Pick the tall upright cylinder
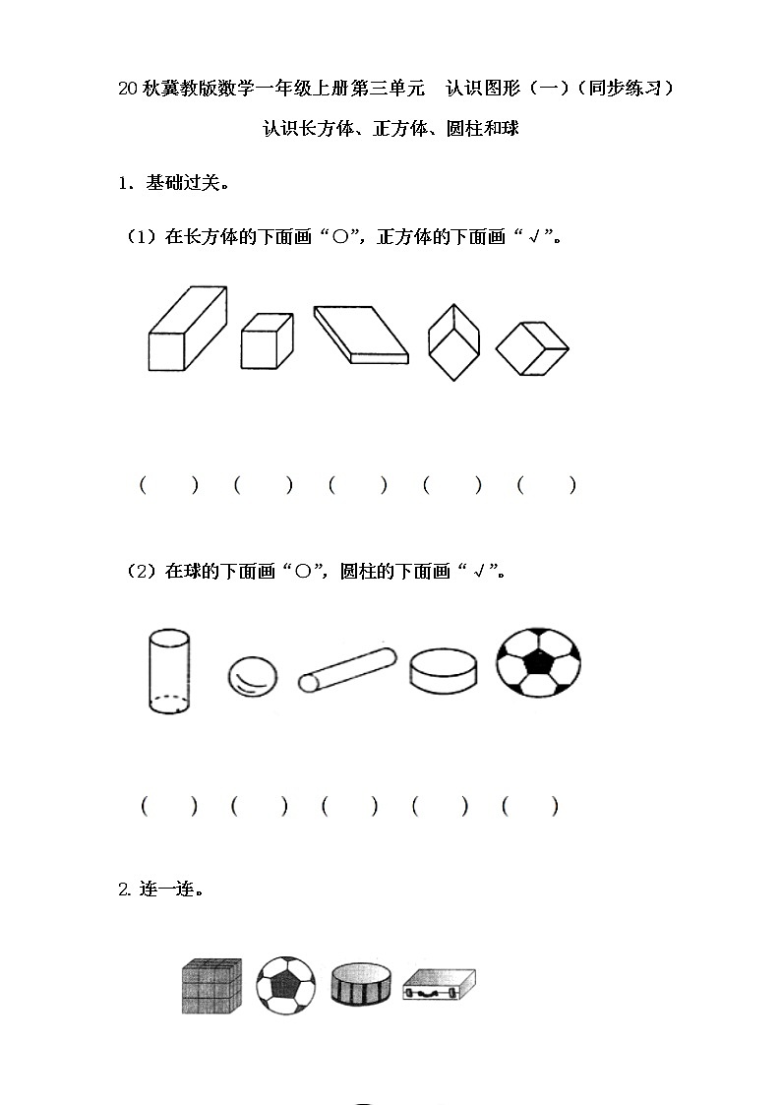coord(169,670)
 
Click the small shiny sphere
coord(252,677)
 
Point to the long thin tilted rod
coord(346,670)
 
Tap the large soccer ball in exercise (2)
coord(538,663)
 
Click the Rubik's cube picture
coord(211,985)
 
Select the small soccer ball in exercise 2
coord(285,985)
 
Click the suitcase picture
coord(439,986)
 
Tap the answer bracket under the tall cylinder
coord(168,807)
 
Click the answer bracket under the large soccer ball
coord(530,807)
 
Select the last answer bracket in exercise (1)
coord(547,485)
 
